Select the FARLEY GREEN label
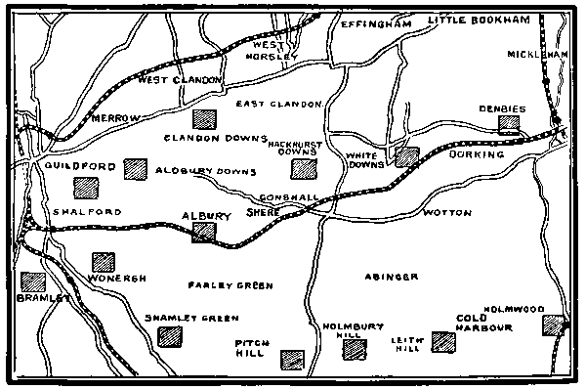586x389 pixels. coord(230,285)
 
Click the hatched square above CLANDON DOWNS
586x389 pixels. coord(204,120)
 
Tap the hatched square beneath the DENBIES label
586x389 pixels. coord(508,124)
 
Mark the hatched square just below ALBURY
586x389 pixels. coord(203,232)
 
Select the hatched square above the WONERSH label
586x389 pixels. coord(103,262)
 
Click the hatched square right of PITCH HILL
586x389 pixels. coord(291,360)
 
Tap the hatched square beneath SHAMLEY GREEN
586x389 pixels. coord(174,336)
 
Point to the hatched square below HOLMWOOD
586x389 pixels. coord(554,325)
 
